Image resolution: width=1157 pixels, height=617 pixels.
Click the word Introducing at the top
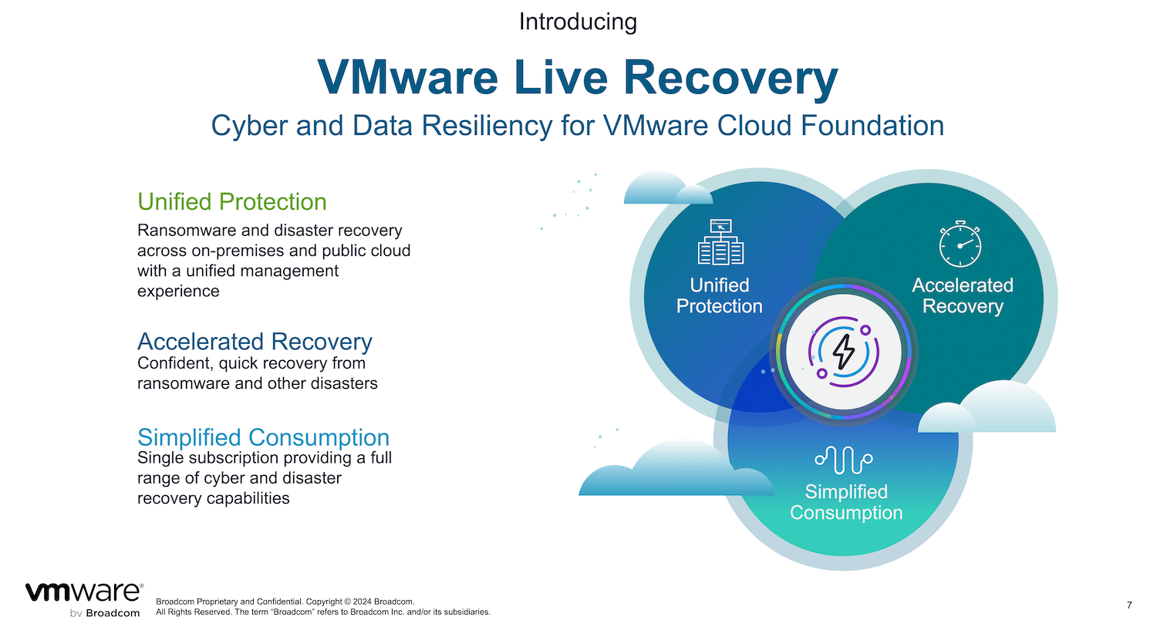click(578, 22)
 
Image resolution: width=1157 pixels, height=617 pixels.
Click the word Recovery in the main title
click(730, 78)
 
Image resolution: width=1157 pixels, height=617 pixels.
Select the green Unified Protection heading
click(232, 201)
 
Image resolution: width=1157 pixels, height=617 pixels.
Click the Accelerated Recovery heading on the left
click(255, 342)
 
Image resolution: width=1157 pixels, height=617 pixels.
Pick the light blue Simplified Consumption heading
click(264, 437)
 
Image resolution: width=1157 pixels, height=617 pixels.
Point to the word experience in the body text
click(178, 292)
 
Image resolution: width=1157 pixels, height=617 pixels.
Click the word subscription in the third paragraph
click(230, 458)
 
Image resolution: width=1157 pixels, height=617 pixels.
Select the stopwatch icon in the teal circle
click(960, 244)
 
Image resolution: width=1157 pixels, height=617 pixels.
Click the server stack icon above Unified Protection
click(720, 241)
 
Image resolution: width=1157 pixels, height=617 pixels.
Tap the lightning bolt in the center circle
click(844, 352)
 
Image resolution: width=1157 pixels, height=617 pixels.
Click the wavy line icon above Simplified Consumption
click(844, 460)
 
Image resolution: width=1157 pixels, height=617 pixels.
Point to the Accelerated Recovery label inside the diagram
click(963, 295)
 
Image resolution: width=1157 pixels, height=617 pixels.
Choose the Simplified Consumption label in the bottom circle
click(846, 502)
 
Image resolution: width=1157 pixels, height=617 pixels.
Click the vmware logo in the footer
click(84, 592)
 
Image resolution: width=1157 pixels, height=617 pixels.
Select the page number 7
click(1130, 605)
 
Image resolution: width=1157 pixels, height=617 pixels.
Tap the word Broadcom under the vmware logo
click(113, 613)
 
